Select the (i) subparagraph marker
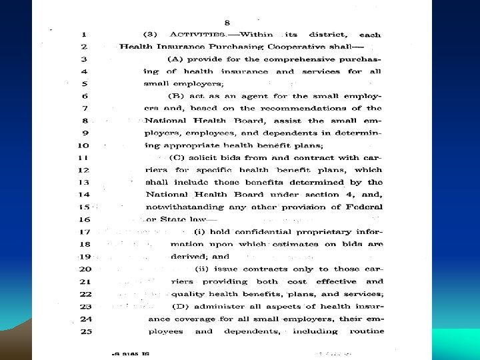pos(200,232)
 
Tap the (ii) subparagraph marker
pos(202,269)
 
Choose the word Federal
pos(364,207)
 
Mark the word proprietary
pos(318,232)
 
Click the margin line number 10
pos(84,145)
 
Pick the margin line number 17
pos(84,232)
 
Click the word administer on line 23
pos(219,306)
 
